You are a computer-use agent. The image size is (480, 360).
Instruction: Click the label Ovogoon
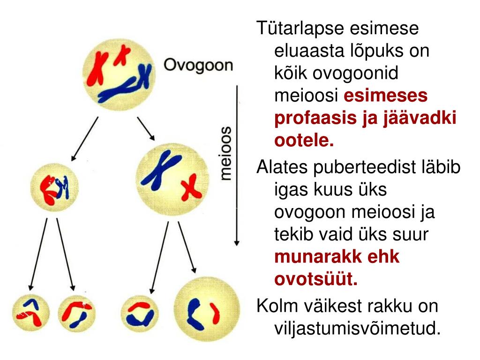[197, 65]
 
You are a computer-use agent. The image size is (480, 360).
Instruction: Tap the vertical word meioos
[226, 153]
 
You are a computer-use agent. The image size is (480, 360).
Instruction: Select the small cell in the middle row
[54, 187]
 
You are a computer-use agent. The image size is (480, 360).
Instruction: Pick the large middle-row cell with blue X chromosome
[171, 179]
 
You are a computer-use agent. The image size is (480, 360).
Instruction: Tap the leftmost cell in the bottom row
[30, 311]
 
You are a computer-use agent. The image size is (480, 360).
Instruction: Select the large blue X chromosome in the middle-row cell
[161, 171]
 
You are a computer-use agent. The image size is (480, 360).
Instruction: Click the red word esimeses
[386, 96]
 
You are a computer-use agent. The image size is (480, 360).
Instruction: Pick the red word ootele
[304, 140]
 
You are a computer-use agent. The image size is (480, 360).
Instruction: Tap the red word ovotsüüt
[315, 280]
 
